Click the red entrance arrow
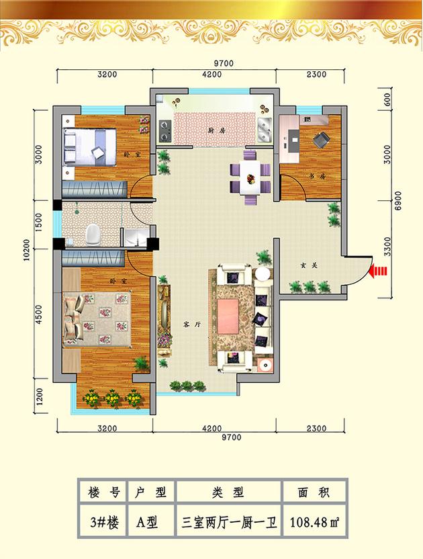(378, 271)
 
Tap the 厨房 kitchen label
(217, 131)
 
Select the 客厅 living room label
(193, 325)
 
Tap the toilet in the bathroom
(93, 234)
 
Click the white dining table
(250, 177)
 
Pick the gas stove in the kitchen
(164, 130)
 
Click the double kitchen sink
(264, 129)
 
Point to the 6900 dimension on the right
(398, 200)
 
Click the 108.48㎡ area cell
(314, 523)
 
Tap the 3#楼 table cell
(104, 523)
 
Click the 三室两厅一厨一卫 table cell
(228, 523)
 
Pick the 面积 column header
(314, 492)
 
